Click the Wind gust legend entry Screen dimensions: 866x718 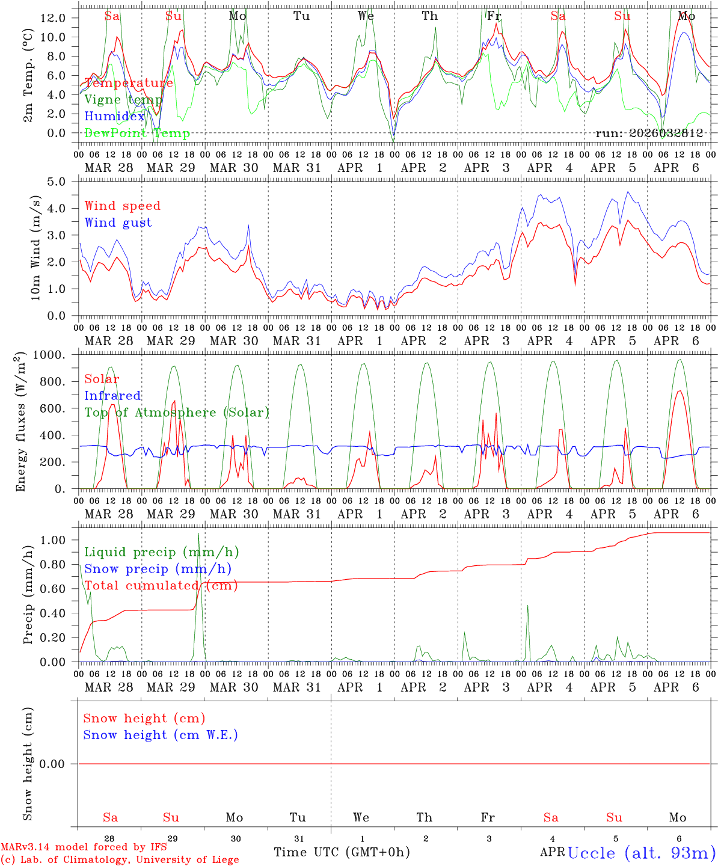coord(118,223)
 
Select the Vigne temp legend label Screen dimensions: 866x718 coord(123,100)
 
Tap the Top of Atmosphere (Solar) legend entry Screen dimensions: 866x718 coord(176,413)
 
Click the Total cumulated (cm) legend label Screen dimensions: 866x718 coord(161,586)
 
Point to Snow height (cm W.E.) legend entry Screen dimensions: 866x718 coord(161,735)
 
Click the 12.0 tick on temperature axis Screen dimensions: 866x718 coord(52,17)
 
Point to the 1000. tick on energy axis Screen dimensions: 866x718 coord(55,355)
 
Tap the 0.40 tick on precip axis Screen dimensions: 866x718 coord(55,613)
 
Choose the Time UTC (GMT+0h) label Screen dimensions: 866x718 coord(342,852)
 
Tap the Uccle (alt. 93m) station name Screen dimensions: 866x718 coord(641,853)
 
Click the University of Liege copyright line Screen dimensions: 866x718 coord(120,860)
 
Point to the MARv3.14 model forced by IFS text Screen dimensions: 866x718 coord(84,847)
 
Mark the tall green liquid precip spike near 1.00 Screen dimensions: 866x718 coord(199,534)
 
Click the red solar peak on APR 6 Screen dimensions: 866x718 coord(680,392)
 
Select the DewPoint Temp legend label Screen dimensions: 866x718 coord(137,134)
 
